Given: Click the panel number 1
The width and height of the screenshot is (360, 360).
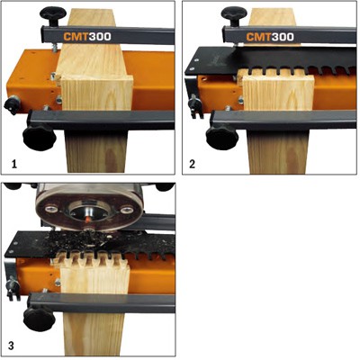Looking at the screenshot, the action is [x=13, y=164].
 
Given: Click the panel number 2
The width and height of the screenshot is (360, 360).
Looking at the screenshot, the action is [x=193, y=164].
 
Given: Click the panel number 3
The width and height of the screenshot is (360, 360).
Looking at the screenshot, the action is [x=11, y=346].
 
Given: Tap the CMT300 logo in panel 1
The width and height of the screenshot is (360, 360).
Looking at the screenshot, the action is [x=87, y=37].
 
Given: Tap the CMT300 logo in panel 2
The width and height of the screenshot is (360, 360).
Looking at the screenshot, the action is [x=270, y=37].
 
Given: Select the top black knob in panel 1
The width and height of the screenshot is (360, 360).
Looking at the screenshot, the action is [x=54, y=15].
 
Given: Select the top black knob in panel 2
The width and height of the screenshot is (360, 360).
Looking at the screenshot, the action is [x=234, y=15].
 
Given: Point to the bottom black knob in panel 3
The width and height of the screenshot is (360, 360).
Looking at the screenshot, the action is [x=39, y=319].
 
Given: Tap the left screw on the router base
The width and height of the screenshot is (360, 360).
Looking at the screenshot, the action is [x=50, y=209].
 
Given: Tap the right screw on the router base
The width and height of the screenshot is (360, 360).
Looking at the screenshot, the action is [x=127, y=210].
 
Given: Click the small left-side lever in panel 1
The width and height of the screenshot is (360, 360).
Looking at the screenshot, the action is [x=11, y=105].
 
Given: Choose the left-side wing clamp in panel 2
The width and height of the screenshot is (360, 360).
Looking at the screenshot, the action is [x=194, y=106].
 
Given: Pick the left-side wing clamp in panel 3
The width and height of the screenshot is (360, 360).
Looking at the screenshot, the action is [x=12, y=289].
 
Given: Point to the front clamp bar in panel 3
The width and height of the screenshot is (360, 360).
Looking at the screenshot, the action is [x=102, y=303].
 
